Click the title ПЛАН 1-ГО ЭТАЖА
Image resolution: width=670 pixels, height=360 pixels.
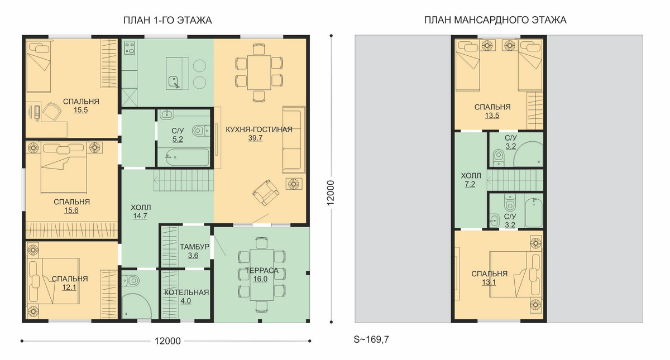(167, 20)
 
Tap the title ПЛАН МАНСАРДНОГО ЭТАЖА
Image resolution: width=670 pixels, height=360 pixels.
(495, 20)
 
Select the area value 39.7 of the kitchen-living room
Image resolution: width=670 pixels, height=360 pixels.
(255, 138)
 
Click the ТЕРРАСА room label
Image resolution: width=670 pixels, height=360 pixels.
(262, 271)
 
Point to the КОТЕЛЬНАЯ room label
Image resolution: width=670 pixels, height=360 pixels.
(186, 292)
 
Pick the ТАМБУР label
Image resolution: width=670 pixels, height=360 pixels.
(194, 247)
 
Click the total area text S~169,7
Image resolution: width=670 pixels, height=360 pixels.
(371, 339)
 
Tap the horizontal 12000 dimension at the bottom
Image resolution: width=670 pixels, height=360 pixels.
(167, 341)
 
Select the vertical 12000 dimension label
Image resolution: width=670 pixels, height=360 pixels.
(330, 193)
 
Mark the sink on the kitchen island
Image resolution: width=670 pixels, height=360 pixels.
(174, 82)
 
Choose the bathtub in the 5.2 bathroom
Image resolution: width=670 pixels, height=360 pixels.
(183, 157)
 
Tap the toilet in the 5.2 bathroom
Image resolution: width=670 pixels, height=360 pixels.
(200, 131)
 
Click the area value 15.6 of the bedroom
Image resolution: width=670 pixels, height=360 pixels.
(71, 210)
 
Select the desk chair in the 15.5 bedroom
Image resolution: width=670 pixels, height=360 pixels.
(51, 112)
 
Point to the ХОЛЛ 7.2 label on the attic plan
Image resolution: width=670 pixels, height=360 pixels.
(471, 180)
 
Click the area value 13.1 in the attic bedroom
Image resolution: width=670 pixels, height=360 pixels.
(489, 282)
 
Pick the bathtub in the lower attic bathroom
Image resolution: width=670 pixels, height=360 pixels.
(534, 212)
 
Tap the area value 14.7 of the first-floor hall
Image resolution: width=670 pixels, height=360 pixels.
(140, 216)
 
